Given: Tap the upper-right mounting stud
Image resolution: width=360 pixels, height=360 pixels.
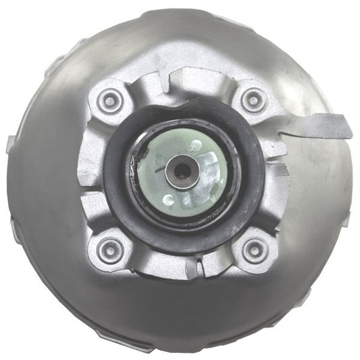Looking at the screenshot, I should [253, 101].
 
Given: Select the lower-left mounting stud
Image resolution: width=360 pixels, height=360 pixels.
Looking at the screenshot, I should [107, 249].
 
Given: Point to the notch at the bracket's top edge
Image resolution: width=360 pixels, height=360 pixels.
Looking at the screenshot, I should [177, 79].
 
